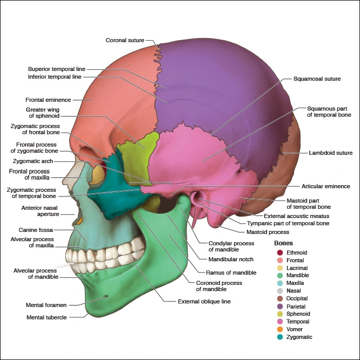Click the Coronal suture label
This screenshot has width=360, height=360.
pos(125,40)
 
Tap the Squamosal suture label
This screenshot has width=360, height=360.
pos(317,79)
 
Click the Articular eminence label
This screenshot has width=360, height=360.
pos(326,186)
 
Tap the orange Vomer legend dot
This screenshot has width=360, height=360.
pos(279,329)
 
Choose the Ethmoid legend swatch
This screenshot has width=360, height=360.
pos(279,253)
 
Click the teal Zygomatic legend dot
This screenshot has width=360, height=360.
pos(279,337)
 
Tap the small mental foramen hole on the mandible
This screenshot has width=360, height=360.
pos(106,296)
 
